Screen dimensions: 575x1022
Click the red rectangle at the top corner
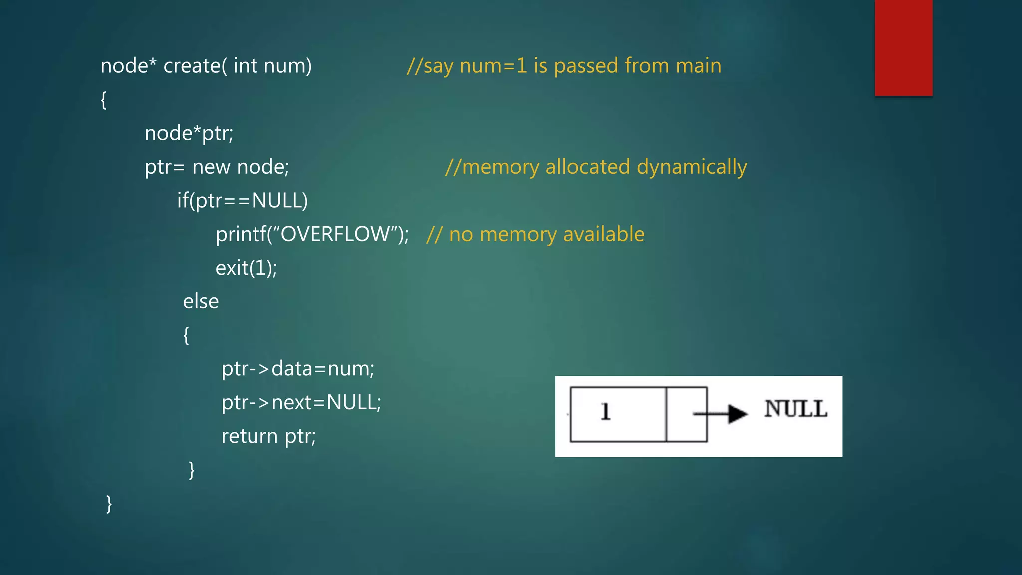coord(903,47)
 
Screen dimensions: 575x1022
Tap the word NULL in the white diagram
coord(795,409)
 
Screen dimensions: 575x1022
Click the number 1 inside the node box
coord(605,412)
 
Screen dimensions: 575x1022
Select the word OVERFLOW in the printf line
coord(335,234)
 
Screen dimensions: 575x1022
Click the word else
coord(201,301)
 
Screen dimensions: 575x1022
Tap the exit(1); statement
coord(246,268)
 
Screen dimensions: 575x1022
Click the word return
coord(250,436)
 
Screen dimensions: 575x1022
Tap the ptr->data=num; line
coord(297,369)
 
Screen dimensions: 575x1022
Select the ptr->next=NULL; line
coord(301,402)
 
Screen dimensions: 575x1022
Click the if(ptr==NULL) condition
coord(243,201)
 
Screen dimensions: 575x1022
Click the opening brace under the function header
coord(104,100)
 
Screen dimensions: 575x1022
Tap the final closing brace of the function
coord(109,504)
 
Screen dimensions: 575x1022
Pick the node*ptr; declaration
coord(189,133)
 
